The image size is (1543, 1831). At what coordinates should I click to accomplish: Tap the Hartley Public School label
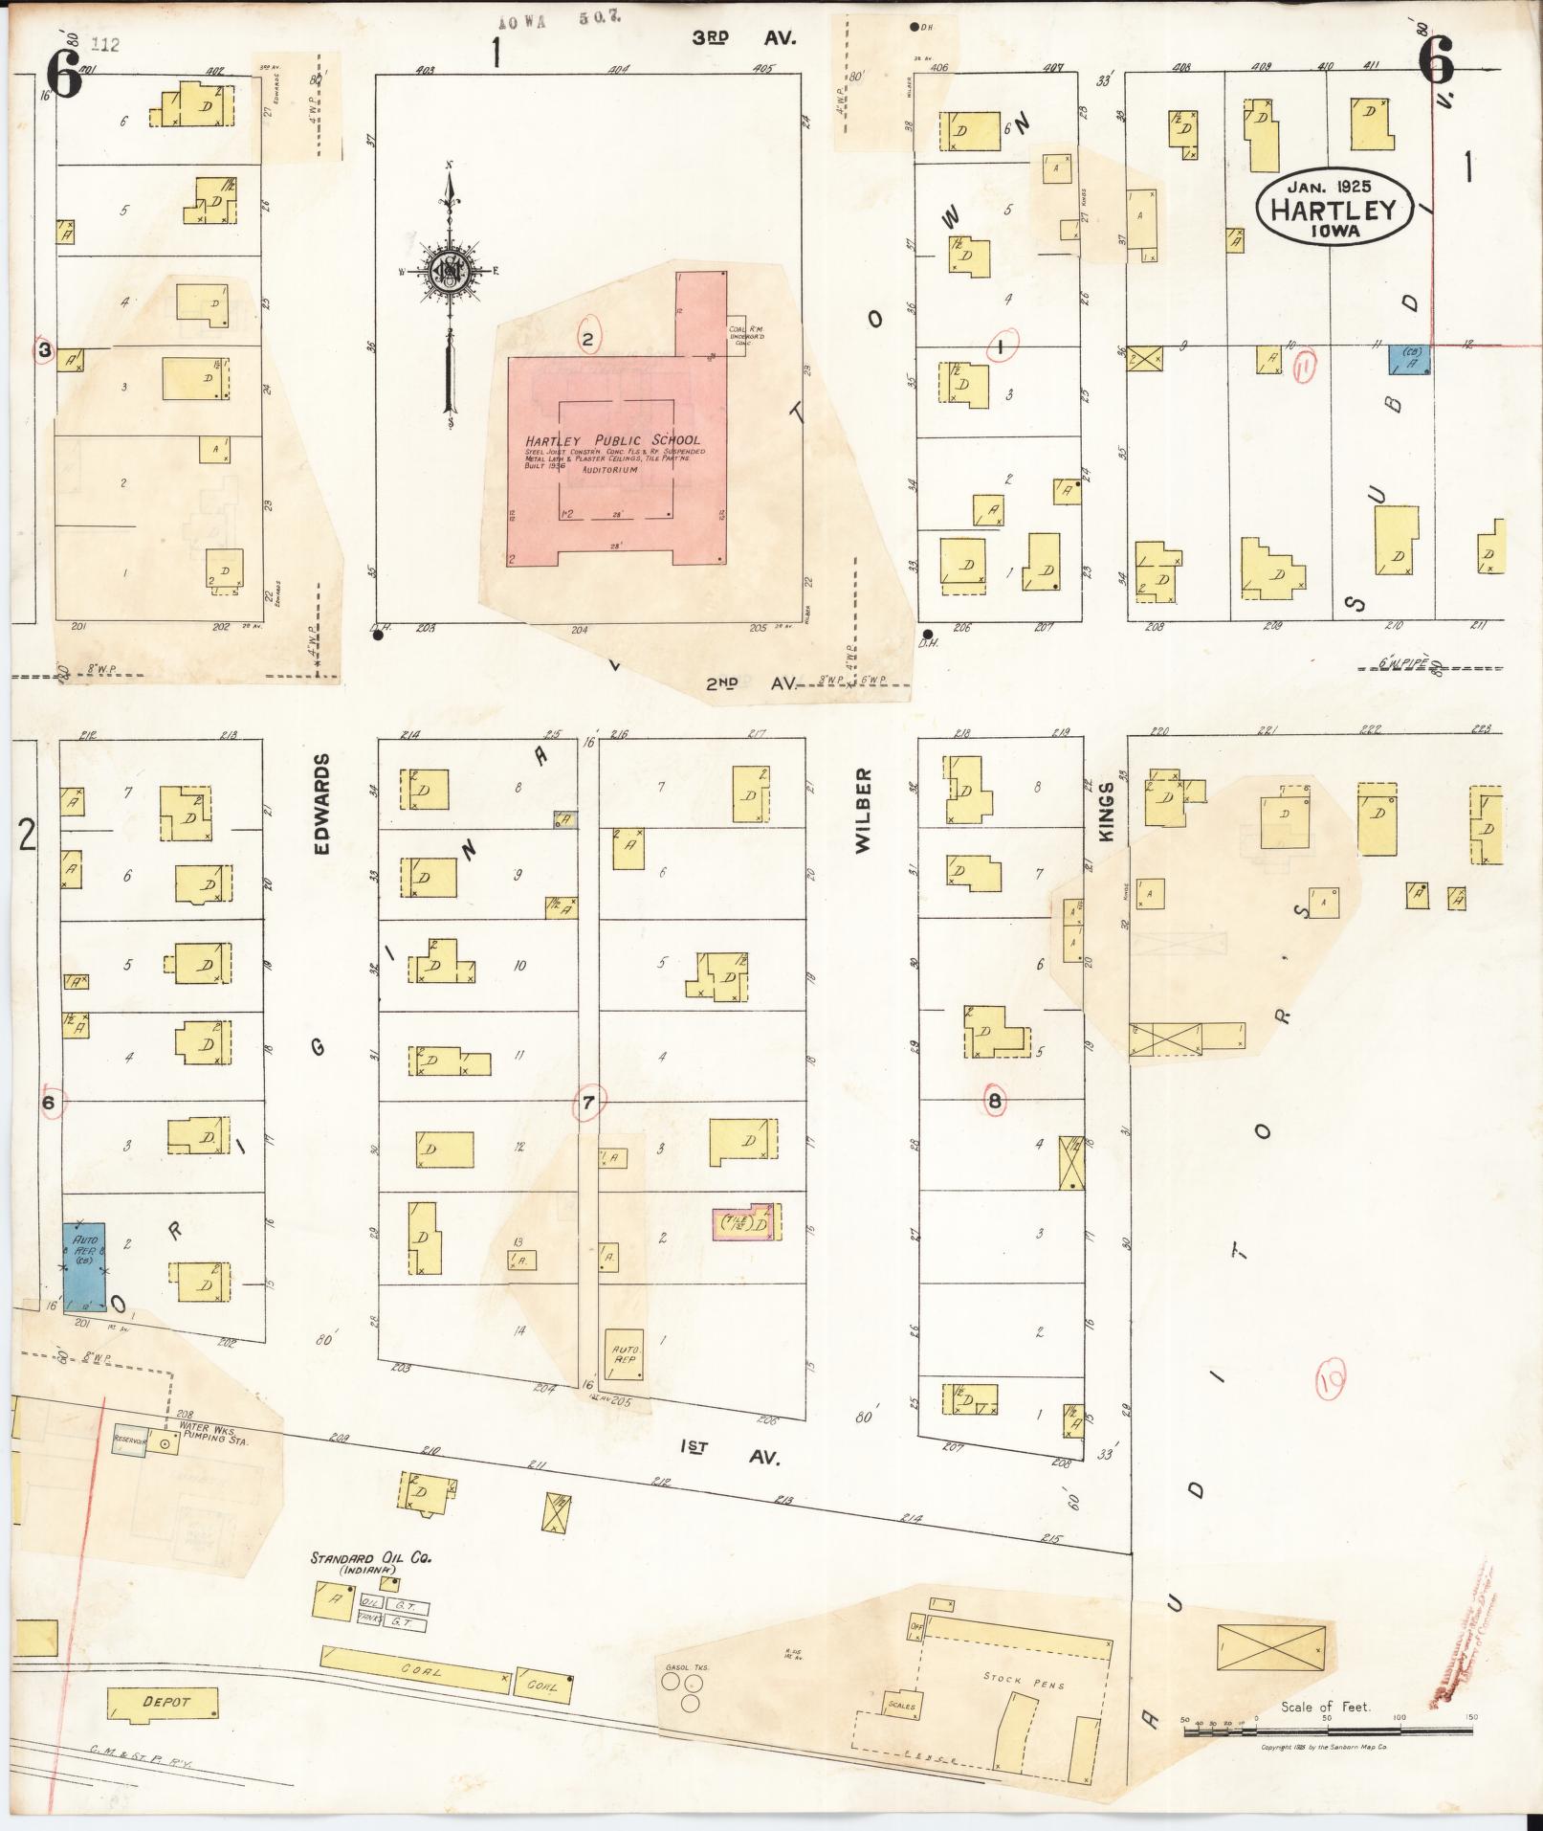point(612,440)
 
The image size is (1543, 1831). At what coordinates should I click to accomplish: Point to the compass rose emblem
point(447,274)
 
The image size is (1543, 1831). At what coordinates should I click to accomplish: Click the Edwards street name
point(322,804)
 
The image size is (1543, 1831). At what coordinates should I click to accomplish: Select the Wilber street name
point(863,810)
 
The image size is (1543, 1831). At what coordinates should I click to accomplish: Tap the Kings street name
point(1107,812)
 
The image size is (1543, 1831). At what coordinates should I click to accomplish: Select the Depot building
point(164,1703)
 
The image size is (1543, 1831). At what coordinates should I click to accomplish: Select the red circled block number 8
point(995,1102)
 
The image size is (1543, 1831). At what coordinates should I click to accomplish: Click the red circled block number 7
point(588,1103)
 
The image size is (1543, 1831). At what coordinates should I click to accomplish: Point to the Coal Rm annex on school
point(738,336)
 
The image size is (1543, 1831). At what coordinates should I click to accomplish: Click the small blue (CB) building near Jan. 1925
point(1409,359)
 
